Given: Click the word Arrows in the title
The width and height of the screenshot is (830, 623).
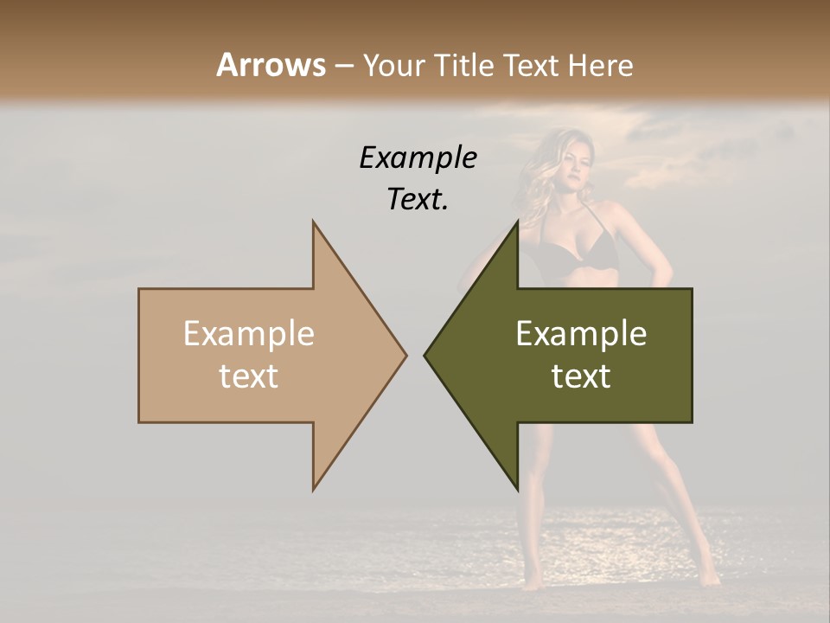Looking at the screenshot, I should (271, 65).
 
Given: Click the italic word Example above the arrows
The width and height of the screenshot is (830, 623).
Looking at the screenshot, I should (418, 157).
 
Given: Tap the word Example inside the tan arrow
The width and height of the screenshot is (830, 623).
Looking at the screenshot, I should (249, 334).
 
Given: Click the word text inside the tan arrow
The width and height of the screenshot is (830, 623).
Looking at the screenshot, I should (249, 376).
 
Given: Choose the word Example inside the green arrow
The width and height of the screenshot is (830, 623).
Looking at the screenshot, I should (581, 334).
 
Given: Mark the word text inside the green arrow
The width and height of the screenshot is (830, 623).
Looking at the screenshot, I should (581, 376).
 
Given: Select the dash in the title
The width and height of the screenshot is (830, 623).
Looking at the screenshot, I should (343, 66).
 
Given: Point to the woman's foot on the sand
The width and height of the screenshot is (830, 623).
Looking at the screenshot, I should (709, 575).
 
